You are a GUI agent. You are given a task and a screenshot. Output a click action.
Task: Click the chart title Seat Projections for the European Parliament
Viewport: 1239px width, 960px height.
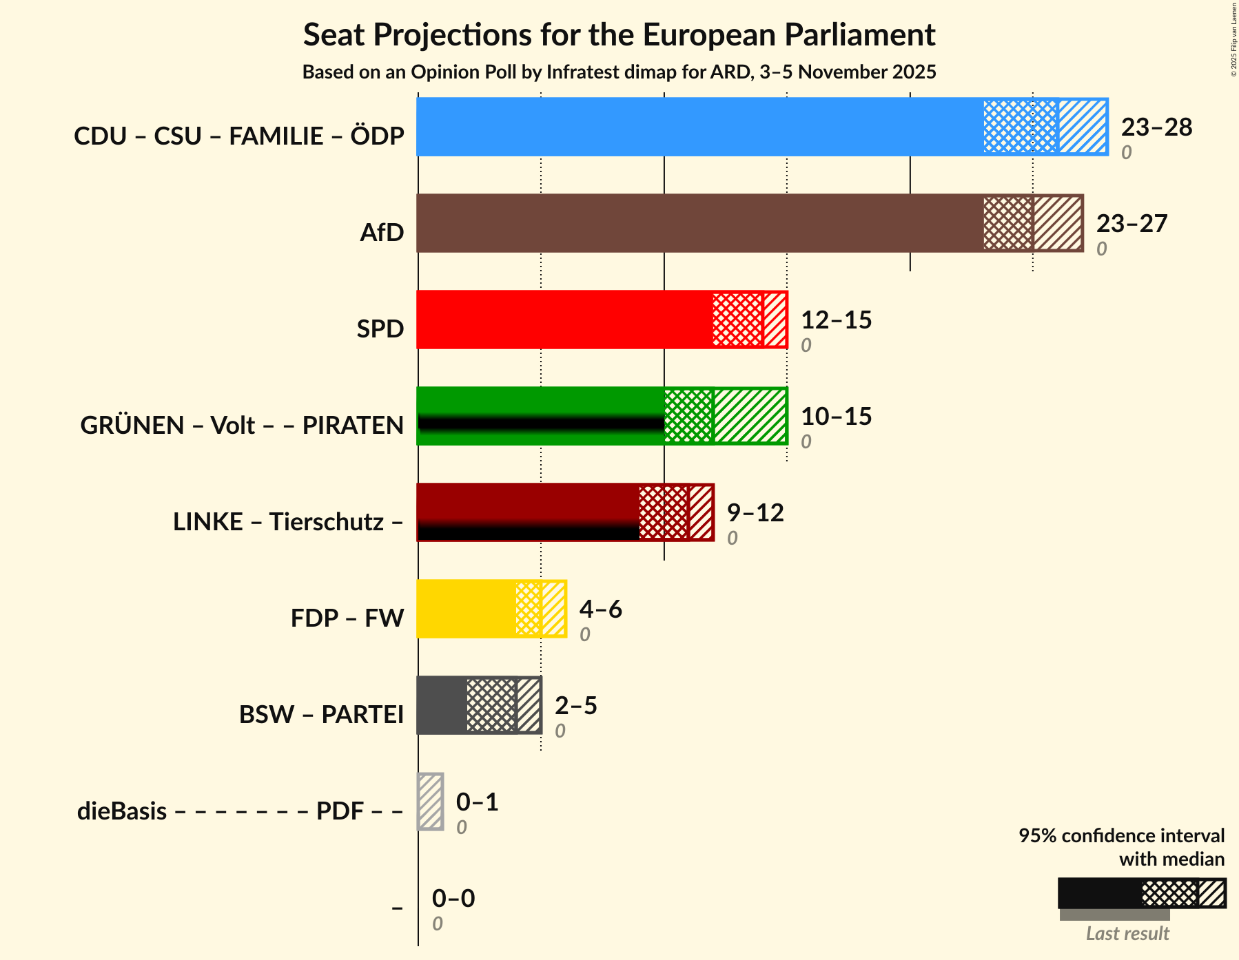(619, 34)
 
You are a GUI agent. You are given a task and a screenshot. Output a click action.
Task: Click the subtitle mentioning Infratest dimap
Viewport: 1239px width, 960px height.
(619, 72)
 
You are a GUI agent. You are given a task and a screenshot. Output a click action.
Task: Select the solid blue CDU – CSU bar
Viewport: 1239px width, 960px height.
(699, 127)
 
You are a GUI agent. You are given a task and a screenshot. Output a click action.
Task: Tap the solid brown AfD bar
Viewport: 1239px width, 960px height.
(699, 223)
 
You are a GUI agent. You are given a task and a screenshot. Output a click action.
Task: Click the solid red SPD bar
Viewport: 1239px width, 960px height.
(564, 320)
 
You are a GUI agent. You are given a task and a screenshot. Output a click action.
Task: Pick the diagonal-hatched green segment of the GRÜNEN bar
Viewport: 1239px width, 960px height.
(750, 416)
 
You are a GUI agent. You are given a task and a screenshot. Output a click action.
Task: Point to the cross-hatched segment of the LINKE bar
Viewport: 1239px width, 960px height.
(663, 512)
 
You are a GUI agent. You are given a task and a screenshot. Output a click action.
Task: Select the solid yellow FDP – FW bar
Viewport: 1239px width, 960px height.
(466, 609)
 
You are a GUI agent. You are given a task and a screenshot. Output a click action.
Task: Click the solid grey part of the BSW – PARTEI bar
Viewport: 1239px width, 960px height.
(441, 705)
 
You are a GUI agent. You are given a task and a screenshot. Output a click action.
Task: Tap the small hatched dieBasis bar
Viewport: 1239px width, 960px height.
(431, 802)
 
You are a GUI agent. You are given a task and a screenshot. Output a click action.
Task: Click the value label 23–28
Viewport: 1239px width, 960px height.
(1156, 127)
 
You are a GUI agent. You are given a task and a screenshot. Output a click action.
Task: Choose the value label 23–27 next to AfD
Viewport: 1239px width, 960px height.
(1132, 224)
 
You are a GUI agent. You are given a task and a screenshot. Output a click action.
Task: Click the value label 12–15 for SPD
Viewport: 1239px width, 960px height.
(836, 320)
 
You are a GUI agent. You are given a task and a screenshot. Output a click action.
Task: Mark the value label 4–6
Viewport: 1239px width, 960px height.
(600, 609)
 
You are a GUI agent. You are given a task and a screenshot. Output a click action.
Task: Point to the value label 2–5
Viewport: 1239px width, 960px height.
(575, 706)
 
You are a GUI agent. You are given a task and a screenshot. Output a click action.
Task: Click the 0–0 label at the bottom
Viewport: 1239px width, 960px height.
(453, 899)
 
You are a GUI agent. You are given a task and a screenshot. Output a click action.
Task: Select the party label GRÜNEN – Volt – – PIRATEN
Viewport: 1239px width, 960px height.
(242, 426)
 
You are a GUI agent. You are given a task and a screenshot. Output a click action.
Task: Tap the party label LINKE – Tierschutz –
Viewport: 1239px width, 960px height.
(288, 522)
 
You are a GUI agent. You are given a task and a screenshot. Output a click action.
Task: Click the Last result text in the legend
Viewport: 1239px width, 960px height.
(1127, 934)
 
